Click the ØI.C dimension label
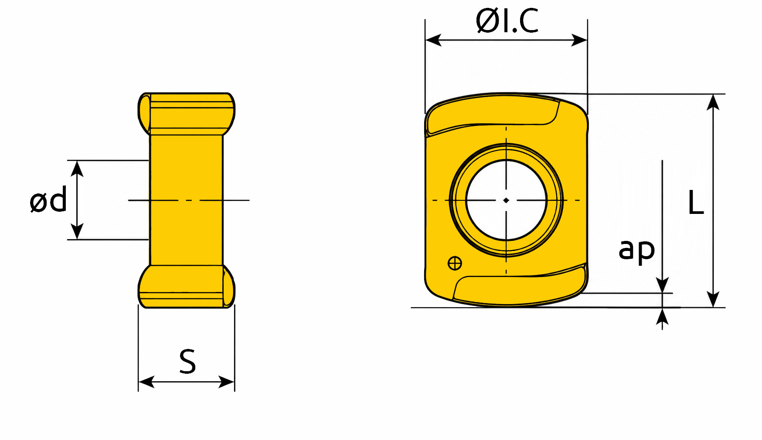pyautogui.click(x=507, y=20)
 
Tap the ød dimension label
pyautogui.click(x=48, y=200)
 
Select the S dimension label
pyautogui.click(x=187, y=362)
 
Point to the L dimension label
pyautogui.click(x=696, y=203)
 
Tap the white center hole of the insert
pyautogui.click(x=506, y=200)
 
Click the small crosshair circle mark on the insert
pyautogui.click(x=455, y=263)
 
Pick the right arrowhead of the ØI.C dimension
pyautogui.click(x=579, y=40)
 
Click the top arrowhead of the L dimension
pyautogui.click(x=713, y=102)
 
